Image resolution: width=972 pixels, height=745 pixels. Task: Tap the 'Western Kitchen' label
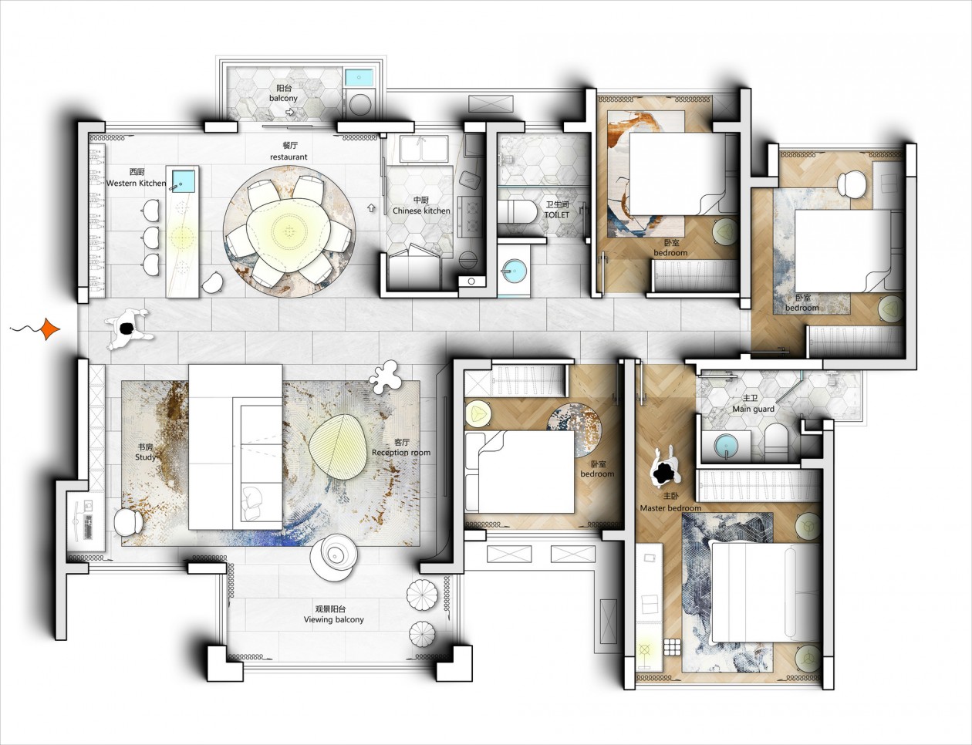tap(136, 184)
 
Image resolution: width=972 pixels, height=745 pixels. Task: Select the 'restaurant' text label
tap(289, 157)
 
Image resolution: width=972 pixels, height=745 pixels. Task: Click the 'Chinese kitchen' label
tap(421, 211)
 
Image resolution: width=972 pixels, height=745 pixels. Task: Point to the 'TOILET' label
tap(557, 214)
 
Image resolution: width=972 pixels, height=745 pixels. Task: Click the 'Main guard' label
tap(753, 409)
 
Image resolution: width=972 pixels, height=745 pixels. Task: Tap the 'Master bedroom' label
tap(670, 508)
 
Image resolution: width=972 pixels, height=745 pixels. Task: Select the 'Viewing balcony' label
tap(334, 620)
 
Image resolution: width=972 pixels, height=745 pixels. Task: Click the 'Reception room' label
tap(401, 453)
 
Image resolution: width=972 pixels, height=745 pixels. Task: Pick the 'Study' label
tap(145, 457)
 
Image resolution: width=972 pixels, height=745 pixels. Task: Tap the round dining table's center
tap(289, 231)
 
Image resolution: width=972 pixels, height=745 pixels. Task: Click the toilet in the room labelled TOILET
tap(519, 211)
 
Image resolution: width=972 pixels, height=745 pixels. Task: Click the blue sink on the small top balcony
tap(359, 77)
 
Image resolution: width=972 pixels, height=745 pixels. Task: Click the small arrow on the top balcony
tap(290, 113)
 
